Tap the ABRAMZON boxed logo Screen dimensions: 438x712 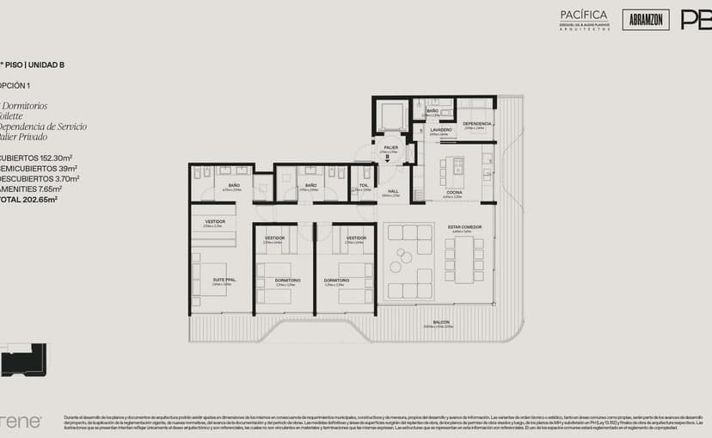point(646,19)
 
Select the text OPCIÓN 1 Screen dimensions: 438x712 point(15,85)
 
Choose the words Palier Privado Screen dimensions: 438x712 point(24,137)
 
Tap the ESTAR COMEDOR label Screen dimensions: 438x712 point(464,227)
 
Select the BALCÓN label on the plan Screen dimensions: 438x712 point(441,323)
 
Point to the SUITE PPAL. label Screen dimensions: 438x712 point(224,281)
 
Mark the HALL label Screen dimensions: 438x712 point(392,191)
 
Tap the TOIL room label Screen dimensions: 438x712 point(364,185)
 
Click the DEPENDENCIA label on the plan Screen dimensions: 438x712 point(476,124)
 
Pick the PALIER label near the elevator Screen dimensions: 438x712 point(390,148)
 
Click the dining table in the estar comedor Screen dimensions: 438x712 point(464,261)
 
